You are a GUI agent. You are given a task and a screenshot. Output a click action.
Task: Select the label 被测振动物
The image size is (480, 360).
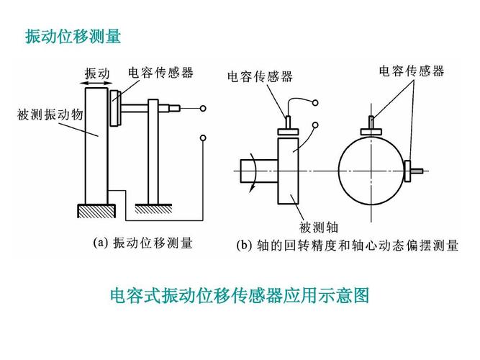(45, 115)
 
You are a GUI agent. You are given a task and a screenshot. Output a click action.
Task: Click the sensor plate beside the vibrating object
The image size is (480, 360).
(115, 109)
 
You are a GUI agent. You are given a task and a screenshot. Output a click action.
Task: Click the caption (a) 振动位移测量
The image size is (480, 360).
(143, 243)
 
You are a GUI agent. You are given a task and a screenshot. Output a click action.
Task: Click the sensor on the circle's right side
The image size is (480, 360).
(412, 171)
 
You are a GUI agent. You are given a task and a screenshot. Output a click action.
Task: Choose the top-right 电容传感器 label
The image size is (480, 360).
(412, 71)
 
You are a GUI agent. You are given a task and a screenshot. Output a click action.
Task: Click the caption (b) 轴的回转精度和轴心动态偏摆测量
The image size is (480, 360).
(348, 246)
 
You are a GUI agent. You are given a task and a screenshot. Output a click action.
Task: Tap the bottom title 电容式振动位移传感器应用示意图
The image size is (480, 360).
(239, 295)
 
